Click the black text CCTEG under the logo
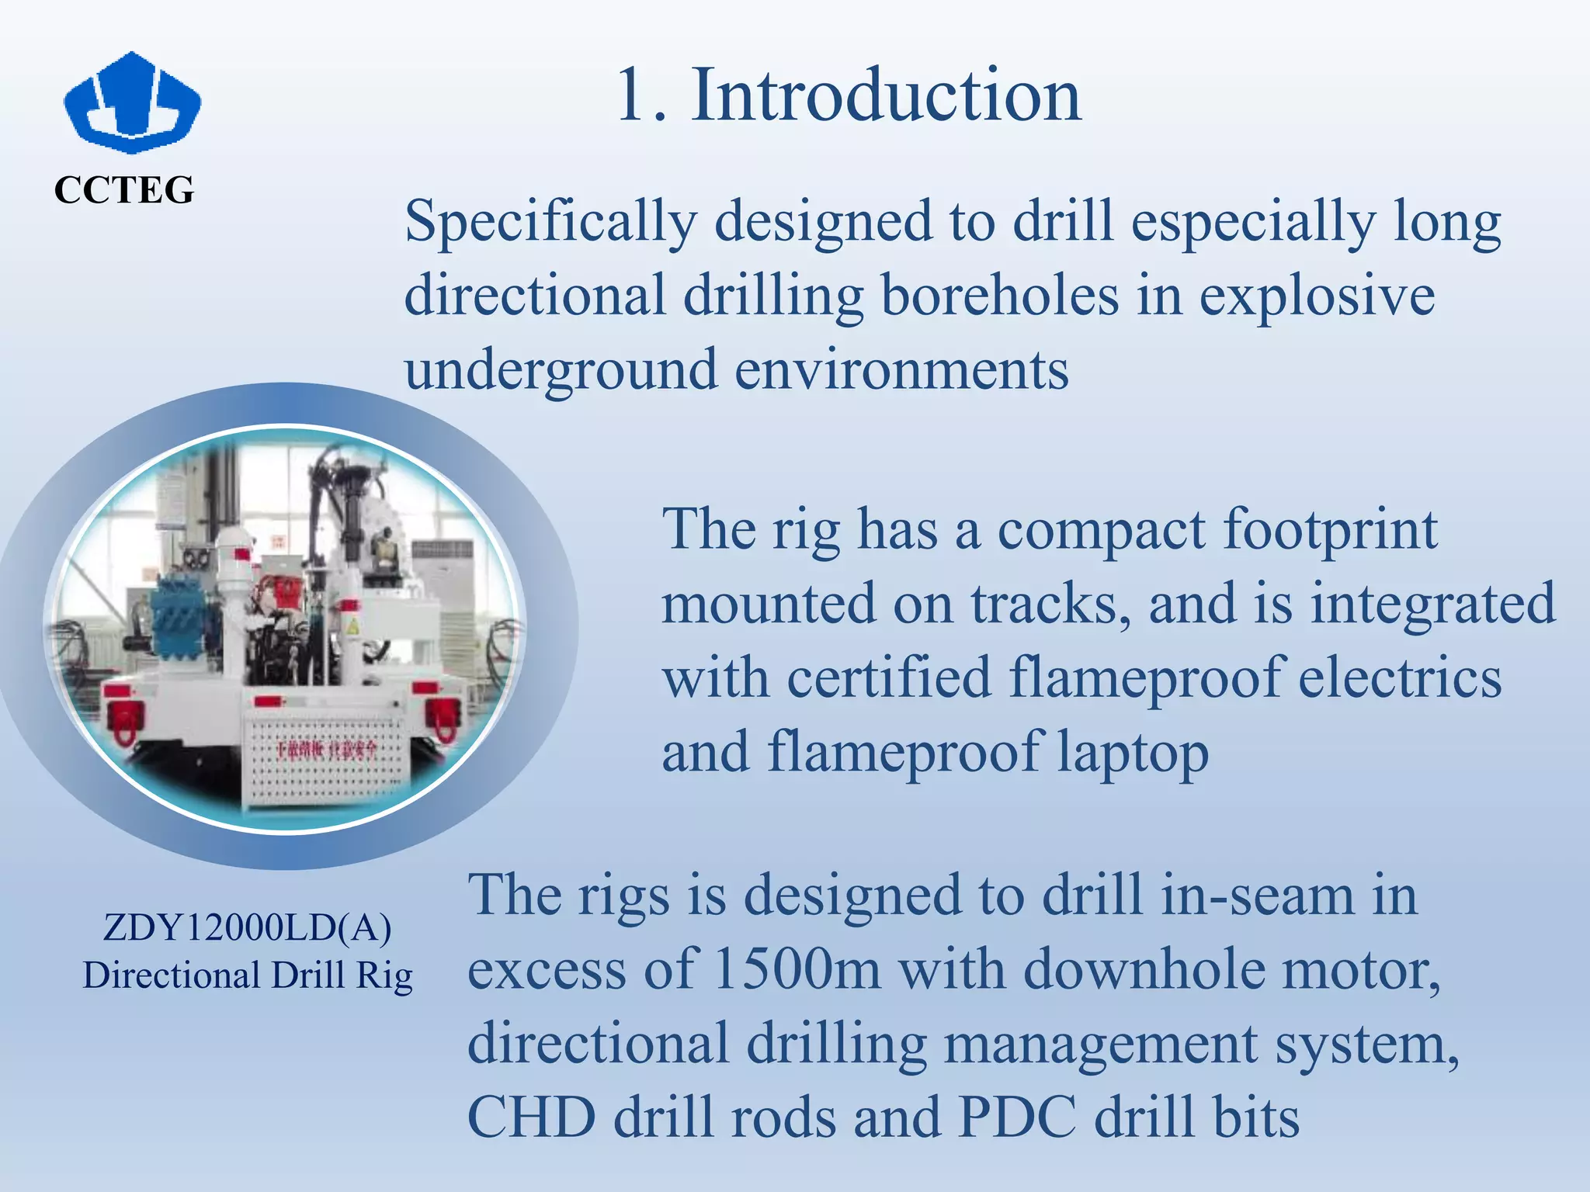[124, 190]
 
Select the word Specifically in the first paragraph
[550, 223]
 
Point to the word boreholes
[1000, 296]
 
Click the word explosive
[1317, 296]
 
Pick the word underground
[561, 370]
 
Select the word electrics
[1400, 677]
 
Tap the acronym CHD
[531, 1118]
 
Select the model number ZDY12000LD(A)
[247, 927]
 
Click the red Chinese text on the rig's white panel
[326, 750]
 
